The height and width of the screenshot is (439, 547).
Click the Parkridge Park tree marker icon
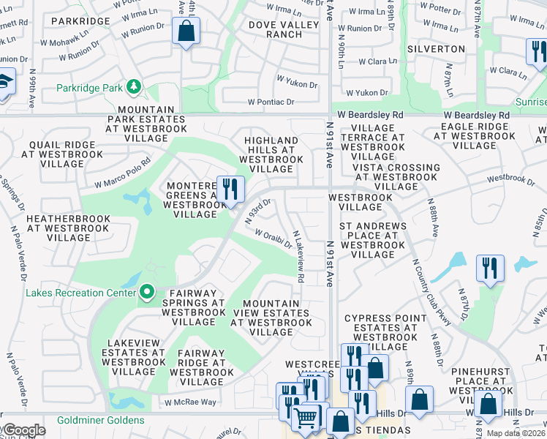(x=133, y=88)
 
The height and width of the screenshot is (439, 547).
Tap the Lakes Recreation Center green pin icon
(x=147, y=293)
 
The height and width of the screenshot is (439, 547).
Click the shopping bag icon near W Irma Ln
(x=186, y=31)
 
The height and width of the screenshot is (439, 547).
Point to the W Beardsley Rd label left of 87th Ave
(x=474, y=116)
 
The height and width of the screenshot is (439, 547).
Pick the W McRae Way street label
(x=190, y=402)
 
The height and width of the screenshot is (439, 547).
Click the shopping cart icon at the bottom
(x=306, y=419)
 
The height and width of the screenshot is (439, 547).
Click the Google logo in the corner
(x=23, y=430)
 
